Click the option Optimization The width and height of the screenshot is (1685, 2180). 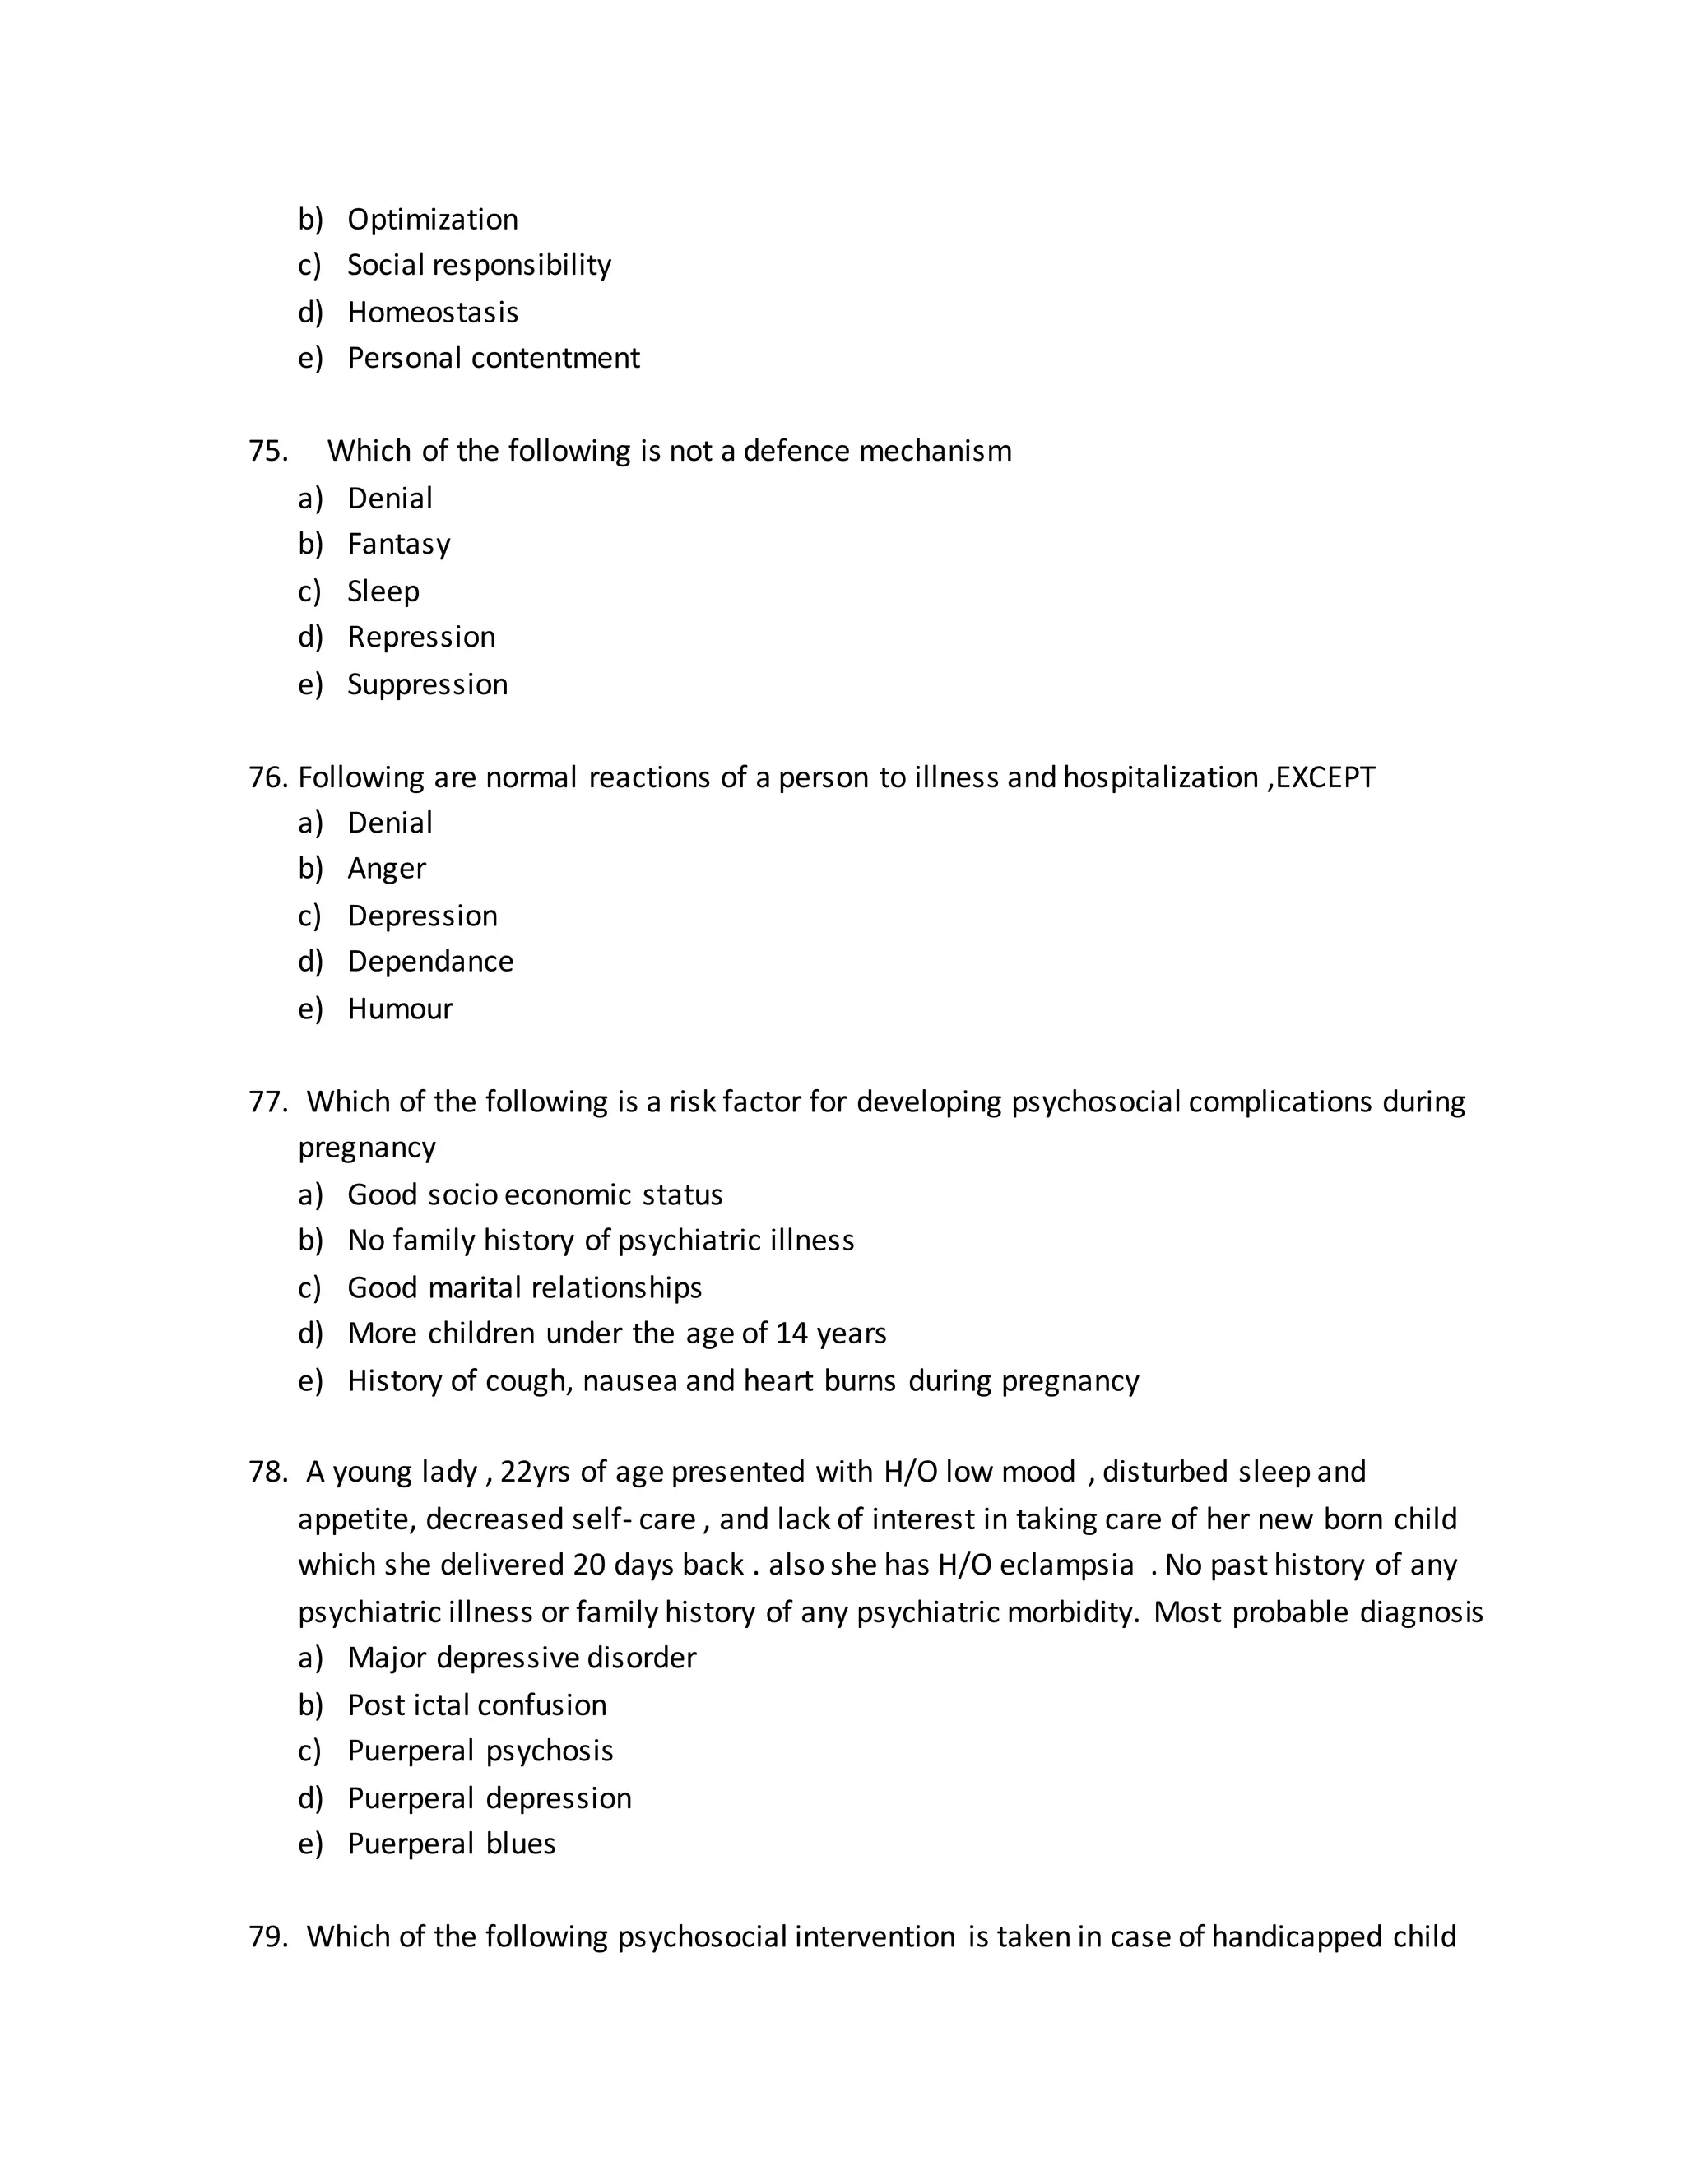click(x=432, y=220)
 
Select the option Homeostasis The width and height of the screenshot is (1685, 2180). click(x=432, y=313)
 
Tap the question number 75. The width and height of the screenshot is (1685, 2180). click(x=267, y=451)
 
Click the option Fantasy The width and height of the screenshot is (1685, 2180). click(x=398, y=544)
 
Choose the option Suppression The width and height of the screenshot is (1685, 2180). click(x=427, y=684)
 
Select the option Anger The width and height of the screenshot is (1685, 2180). click(x=387, y=869)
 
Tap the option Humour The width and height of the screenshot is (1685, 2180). click(x=399, y=1009)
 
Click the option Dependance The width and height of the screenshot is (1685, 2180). click(x=430, y=961)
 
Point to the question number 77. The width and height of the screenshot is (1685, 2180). click(x=267, y=1102)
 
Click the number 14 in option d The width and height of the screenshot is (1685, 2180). click(x=791, y=1334)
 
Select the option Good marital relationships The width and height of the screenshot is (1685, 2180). click(x=524, y=1287)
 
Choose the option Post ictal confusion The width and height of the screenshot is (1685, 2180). click(x=476, y=1705)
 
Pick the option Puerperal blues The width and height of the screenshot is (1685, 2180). click(x=451, y=1844)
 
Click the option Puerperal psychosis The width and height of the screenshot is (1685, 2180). click(x=480, y=1751)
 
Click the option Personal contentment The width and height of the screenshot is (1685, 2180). click(x=493, y=359)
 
